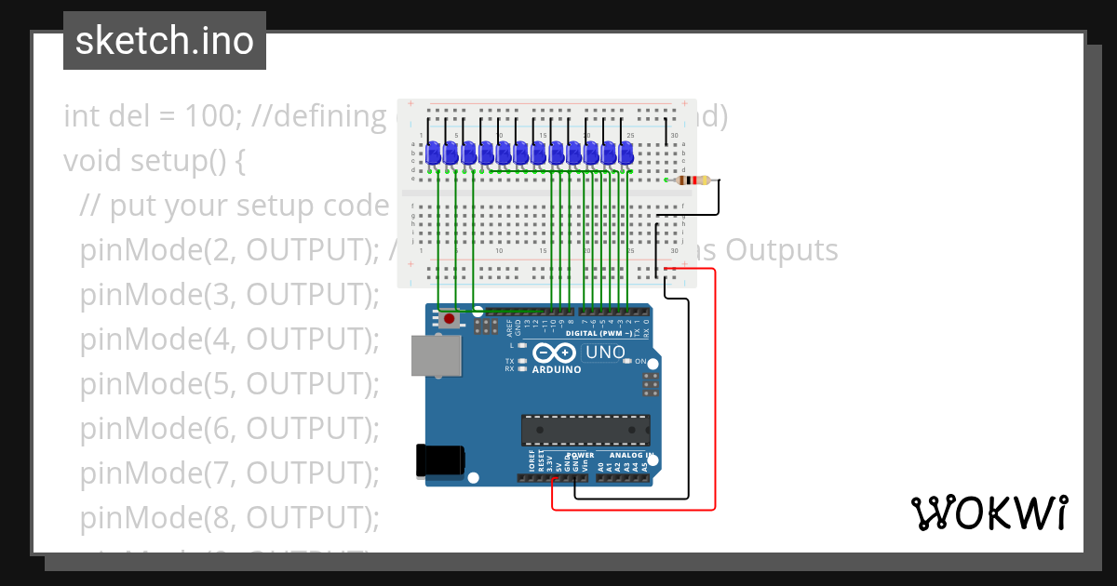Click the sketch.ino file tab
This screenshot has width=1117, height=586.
click(x=164, y=41)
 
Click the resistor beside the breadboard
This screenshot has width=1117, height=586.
click(x=695, y=180)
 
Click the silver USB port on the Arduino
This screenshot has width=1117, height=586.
click(x=436, y=355)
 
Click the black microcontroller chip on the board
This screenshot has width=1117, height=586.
click(x=585, y=431)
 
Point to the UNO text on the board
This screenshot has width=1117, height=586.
click(x=604, y=353)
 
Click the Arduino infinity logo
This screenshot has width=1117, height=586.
click(x=556, y=353)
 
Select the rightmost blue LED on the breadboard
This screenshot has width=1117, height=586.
click(x=626, y=154)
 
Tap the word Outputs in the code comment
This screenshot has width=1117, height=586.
click(x=781, y=250)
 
